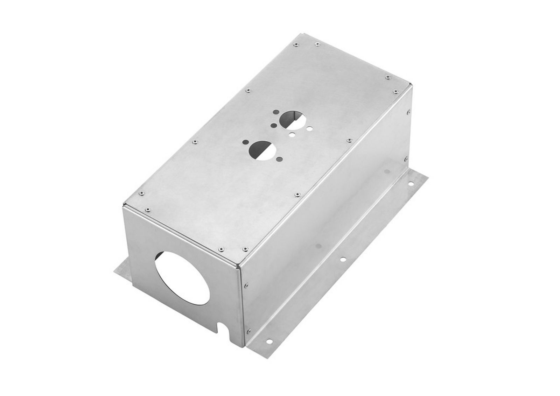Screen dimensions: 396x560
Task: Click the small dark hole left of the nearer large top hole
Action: click(245, 142)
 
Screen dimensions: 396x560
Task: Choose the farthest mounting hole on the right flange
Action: click(412, 182)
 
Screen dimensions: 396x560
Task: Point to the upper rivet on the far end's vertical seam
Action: click(409, 112)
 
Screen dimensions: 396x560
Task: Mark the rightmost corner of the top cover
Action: click(413, 86)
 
